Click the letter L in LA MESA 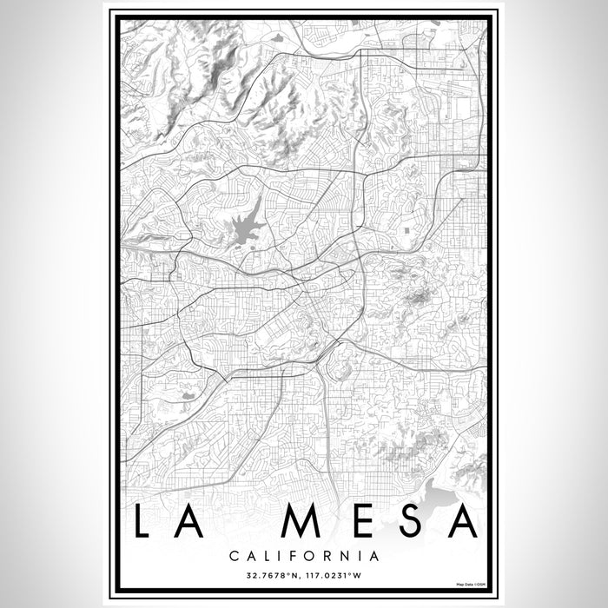coord(142,521)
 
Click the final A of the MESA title coord(461,521)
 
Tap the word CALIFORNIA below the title coord(304,554)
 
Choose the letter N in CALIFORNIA coord(347,554)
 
